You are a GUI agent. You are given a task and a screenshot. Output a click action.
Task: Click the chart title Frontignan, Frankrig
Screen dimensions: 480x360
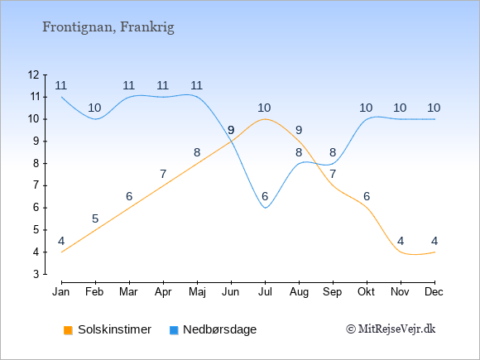pyautogui.click(x=108, y=27)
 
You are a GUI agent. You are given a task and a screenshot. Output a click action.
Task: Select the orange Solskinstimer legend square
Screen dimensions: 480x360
pyautogui.click(x=68, y=330)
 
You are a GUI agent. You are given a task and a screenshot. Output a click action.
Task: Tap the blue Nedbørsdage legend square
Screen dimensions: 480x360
pyautogui.click(x=174, y=330)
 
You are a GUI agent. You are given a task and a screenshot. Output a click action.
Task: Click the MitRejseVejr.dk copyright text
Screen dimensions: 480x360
pyautogui.click(x=391, y=329)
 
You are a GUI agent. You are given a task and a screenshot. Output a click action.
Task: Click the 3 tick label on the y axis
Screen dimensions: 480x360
pyautogui.click(x=36, y=274)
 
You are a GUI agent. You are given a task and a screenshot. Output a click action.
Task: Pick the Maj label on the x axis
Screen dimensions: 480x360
pyautogui.click(x=197, y=292)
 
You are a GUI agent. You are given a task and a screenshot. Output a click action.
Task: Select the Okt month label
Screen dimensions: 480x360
pyautogui.click(x=366, y=292)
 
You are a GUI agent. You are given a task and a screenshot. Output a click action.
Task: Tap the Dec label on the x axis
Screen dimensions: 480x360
pyautogui.click(x=434, y=292)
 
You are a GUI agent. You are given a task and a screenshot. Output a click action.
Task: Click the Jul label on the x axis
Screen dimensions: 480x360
pyautogui.click(x=265, y=292)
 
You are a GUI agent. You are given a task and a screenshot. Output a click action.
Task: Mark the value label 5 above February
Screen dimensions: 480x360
pyautogui.click(x=95, y=218)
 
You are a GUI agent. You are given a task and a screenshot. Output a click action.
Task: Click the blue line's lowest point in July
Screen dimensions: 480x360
pyautogui.click(x=265, y=208)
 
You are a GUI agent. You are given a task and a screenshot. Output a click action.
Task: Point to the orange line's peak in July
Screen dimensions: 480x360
pyautogui.click(x=265, y=119)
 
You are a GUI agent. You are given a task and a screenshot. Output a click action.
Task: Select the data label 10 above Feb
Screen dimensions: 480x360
pyautogui.click(x=94, y=108)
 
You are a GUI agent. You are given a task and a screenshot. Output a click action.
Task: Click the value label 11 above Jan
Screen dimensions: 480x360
pyautogui.click(x=61, y=85)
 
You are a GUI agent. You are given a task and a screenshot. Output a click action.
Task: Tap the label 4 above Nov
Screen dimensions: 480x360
pyautogui.click(x=401, y=241)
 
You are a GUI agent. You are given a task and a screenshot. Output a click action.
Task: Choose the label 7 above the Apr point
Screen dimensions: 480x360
pyautogui.click(x=163, y=174)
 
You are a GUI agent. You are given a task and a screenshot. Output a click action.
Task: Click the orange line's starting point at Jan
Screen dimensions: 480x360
pyautogui.click(x=62, y=252)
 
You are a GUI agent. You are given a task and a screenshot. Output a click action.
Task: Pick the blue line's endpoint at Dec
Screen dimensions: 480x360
pyautogui.click(x=434, y=119)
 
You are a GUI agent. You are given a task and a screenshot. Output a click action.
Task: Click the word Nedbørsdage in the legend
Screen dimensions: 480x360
pyautogui.click(x=220, y=329)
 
